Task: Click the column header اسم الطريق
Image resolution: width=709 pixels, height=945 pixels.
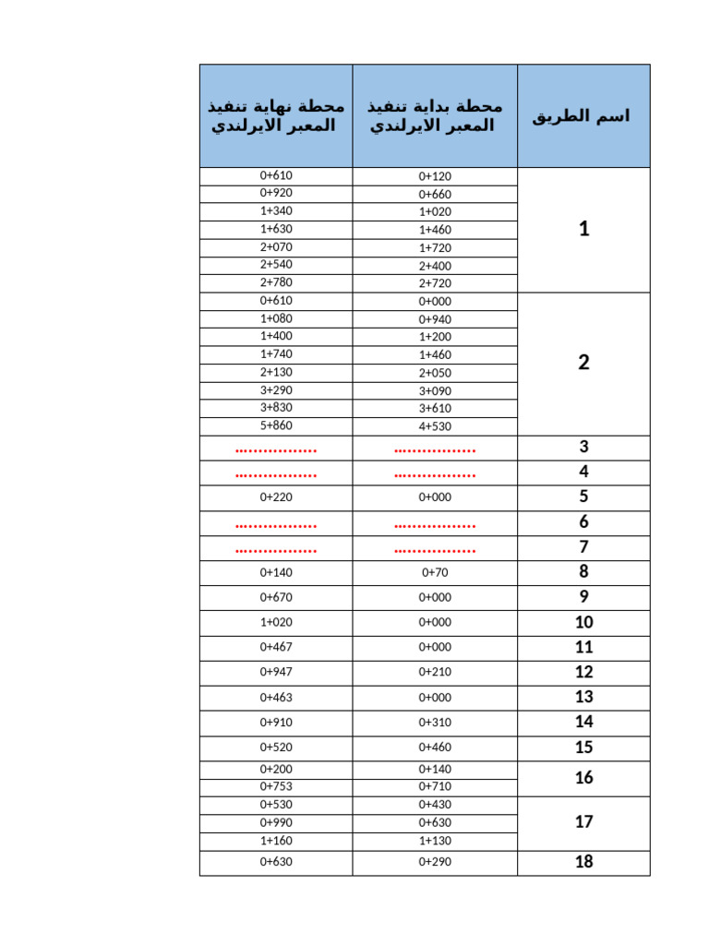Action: [x=583, y=116]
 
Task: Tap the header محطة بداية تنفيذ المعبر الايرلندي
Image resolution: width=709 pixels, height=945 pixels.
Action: [x=435, y=116]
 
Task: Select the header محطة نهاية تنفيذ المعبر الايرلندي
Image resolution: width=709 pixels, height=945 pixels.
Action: [x=275, y=116]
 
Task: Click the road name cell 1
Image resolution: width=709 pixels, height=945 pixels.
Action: [x=583, y=229]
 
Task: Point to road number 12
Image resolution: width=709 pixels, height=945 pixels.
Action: [x=583, y=672]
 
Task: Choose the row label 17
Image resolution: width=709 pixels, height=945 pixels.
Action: [x=583, y=821]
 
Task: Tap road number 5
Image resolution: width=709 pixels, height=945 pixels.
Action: [x=583, y=497]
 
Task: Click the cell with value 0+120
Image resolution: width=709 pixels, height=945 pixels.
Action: [x=435, y=176]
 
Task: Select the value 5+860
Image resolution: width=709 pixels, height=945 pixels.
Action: [x=275, y=425]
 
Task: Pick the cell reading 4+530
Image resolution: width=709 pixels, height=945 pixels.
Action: [x=435, y=426]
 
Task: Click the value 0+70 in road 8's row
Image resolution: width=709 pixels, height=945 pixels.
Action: [x=435, y=572]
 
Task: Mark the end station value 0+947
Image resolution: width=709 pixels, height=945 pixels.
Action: [x=275, y=672]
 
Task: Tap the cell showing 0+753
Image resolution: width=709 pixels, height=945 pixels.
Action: [x=275, y=786]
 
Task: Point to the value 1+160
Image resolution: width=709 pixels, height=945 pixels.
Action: [x=275, y=840]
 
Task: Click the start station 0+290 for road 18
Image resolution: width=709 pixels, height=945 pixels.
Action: [x=435, y=862]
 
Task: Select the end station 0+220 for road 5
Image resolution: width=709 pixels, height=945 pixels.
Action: [x=275, y=497]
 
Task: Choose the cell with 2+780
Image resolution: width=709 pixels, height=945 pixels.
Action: [x=275, y=282]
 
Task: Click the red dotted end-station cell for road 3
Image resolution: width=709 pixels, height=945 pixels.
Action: [x=275, y=449]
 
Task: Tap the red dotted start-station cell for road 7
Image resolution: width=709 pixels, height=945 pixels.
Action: [x=435, y=550]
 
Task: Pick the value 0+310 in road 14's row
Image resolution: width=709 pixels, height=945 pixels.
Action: [x=435, y=723]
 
